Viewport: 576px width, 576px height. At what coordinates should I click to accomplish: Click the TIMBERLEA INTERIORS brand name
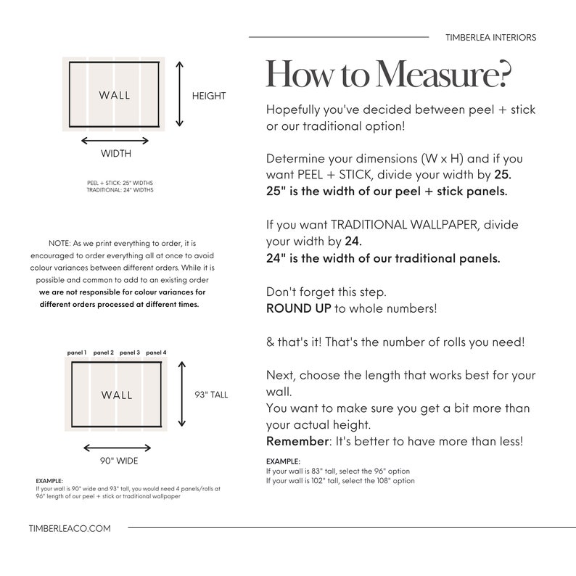(x=491, y=38)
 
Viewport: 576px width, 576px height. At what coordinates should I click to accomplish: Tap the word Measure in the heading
(x=444, y=74)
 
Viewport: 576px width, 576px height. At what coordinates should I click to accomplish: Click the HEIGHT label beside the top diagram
(x=209, y=96)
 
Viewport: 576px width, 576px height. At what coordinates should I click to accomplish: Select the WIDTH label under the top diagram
(x=116, y=153)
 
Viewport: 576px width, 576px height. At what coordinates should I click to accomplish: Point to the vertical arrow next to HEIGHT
(x=179, y=94)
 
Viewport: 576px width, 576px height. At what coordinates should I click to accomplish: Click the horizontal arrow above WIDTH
(x=115, y=141)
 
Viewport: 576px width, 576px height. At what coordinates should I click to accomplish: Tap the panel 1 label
(x=77, y=353)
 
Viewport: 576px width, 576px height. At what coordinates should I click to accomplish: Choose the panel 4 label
(x=156, y=353)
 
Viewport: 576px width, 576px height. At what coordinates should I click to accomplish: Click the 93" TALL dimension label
(x=211, y=395)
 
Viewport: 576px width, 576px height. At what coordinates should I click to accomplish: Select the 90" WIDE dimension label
(x=119, y=461)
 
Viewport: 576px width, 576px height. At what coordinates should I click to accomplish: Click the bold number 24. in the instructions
(x=353, y=242)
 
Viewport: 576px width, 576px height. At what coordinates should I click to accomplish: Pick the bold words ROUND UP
(x=299, y=308)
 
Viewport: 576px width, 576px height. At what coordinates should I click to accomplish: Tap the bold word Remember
(x=297, y=441)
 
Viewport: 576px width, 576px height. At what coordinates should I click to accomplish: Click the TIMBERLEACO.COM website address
(x=70, y=529)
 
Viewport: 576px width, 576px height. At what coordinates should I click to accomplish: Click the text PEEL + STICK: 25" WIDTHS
(x=120, y=183)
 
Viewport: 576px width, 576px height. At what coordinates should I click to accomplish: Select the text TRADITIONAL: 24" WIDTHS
(x=120, y=190)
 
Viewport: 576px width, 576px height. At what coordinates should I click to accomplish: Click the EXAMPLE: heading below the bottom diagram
(x=49, y=481)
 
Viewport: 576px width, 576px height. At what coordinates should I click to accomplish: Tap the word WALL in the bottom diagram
(x=117, y=395)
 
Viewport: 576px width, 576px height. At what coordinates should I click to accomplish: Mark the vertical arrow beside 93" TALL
(x=182, y=394)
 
